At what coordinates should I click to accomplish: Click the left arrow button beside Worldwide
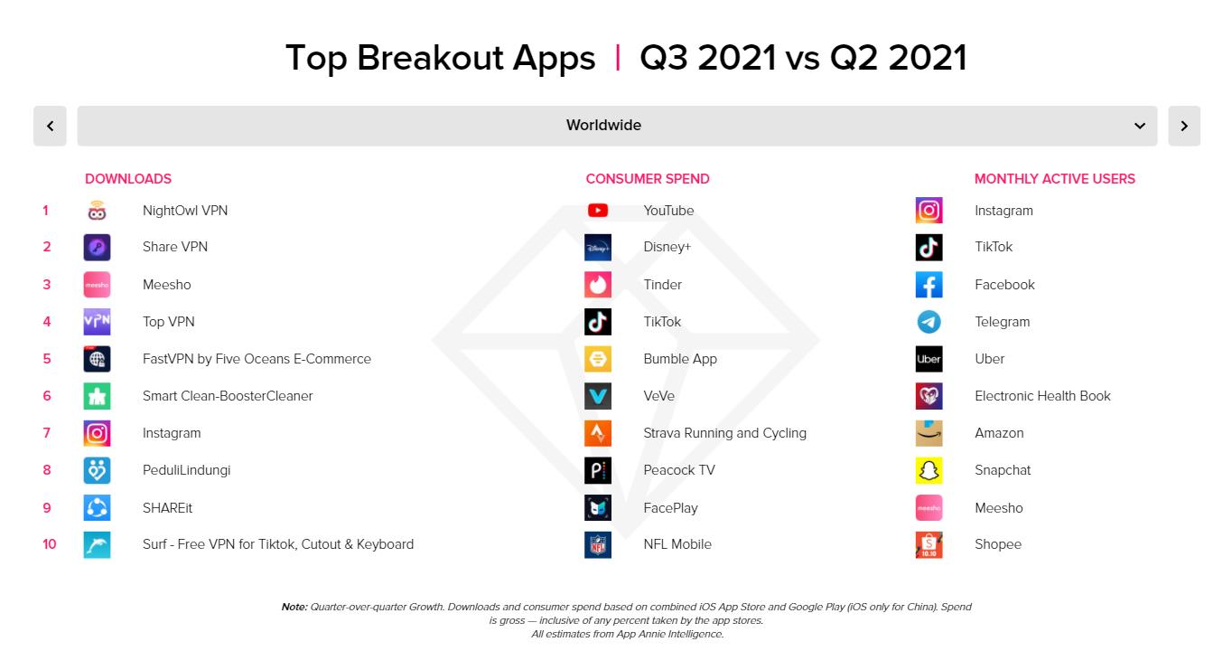[50, 126]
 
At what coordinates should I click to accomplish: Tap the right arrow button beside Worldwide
[1184, 126]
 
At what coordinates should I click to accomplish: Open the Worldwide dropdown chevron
[1140, 126]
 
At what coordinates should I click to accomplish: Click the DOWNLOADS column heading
[128, 179]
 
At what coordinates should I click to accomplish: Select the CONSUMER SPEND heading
[648, 179]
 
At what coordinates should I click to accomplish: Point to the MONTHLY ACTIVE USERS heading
[1054, 179]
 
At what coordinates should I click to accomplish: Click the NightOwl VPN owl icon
[97, 211]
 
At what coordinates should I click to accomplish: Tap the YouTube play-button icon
[598, 211]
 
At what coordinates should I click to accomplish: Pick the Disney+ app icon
[598, 248]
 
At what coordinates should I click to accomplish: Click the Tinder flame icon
[598, 285]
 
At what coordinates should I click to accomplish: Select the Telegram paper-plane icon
[929, 322]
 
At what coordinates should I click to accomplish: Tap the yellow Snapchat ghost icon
[929, 470]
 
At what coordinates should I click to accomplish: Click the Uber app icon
[929, 359]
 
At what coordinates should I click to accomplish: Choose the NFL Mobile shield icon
[598, 544]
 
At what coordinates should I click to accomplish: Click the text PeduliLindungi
[186, 470]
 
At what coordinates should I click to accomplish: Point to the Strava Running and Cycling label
[725, 433]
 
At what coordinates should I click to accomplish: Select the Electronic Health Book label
[1042, 396]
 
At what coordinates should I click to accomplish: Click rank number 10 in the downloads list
[50, 544]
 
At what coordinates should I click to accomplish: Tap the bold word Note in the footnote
[294, 607]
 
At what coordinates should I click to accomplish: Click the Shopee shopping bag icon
[929, 544]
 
